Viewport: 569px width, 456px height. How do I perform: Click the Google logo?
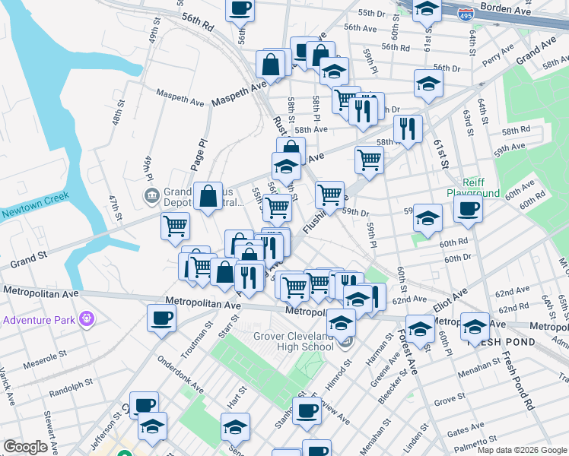pyautogui.click(x=26, y=447)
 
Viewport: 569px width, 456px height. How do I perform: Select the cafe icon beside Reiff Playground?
pyautogui.click(x=468, y=208)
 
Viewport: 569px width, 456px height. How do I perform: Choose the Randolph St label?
pyautogui.click(x=71, y=392)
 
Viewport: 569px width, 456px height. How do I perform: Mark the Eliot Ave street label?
pyautogui.click(x=450, y=303)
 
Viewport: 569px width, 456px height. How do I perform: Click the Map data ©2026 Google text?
pyautogui.click(x=521, y=450)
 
